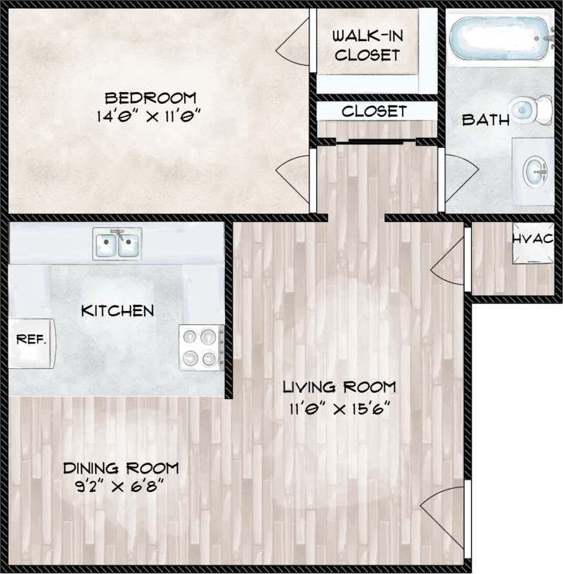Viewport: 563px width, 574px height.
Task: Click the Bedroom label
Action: (151, 98)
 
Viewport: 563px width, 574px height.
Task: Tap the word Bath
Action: (486, 120)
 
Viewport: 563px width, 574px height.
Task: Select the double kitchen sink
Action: (117, 244)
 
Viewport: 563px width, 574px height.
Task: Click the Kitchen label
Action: (118, 311)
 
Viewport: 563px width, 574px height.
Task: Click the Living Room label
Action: (339, 386)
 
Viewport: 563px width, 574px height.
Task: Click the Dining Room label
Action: (121, 468)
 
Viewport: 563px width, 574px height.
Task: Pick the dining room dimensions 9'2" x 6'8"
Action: (121, 486)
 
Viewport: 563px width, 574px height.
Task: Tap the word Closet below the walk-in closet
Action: (374, 111)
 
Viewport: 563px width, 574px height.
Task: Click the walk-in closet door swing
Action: (295, 43)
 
